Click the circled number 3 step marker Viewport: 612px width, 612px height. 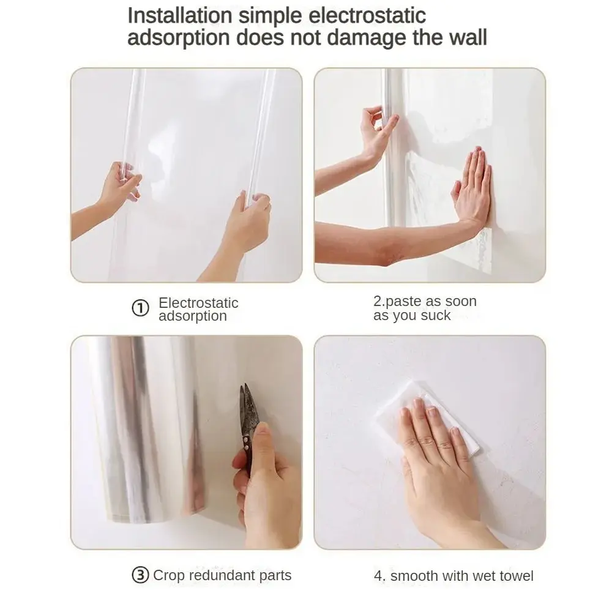(140, 575)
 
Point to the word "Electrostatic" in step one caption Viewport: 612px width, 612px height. (198, 303)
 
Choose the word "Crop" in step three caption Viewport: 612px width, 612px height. (168, 575)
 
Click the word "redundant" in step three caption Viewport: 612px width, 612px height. (222, 575)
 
